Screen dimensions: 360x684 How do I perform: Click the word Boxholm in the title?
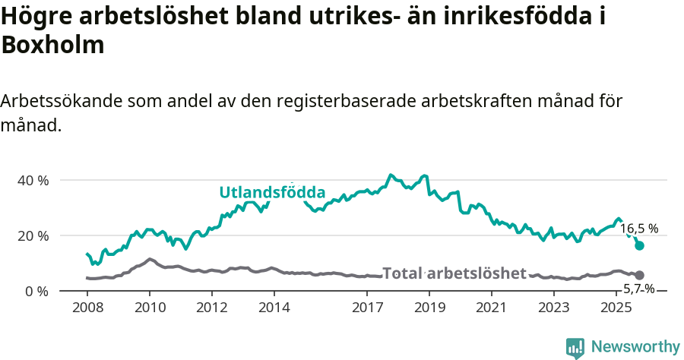pyautogui.click(x=52, y=45)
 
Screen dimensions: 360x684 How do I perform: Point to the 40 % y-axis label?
pyautogui.click(x=33, y=181)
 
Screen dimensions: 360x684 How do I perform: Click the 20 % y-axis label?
pyautogui.click(x=33, y=235)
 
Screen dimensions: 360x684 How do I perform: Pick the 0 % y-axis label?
pyautogui.click(x=37, y=291)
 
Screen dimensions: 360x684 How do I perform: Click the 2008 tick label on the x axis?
pyautogui.click(x=87, y=307)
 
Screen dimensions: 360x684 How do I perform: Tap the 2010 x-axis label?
pyautogui.click(x=149, y=307)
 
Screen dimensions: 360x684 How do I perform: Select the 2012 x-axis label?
pyautogui.click(x=211, y=307)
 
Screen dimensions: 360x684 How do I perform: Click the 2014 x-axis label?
pyautogui.click(x=274, y=307)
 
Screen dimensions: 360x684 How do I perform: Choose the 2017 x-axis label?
pyautogui.click(x=367, y=307)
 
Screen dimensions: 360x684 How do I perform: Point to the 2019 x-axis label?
pyautogui.click(x=429, y=307)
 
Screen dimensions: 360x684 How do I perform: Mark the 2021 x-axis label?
pyautogui.click(x=492, y=307)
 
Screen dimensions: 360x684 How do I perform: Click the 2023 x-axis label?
pyautogui.click(x=554, y=307)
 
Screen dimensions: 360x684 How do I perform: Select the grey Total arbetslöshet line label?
pyautogui.click(x=454, y=273)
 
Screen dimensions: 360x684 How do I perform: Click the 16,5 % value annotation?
pyautogui.click(x=638, y=228)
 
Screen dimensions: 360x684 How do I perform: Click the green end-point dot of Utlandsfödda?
pyautogui.click(x=640, y=245)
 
